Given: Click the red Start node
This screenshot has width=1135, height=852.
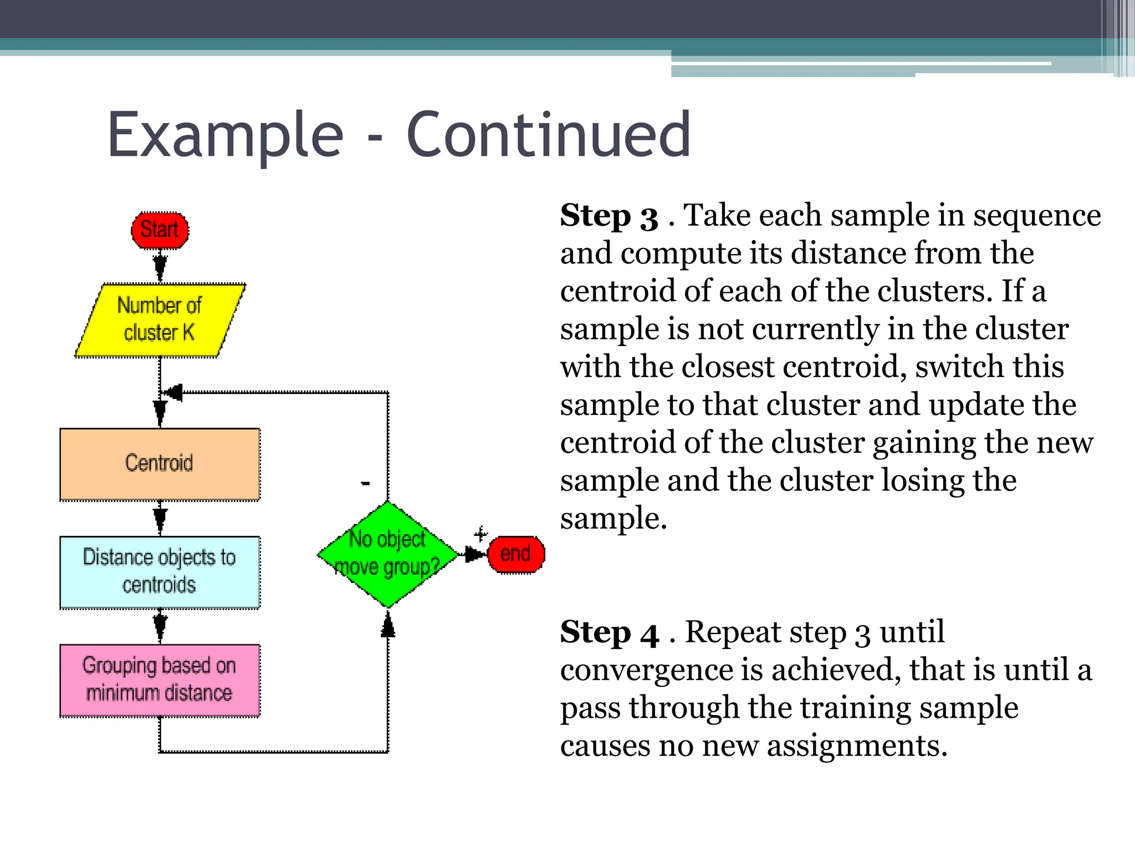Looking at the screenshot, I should [x=160, y=230].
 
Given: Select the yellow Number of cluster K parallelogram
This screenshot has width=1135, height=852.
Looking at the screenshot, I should [x=160, y=320].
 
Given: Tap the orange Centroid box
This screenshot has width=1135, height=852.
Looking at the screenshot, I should [x=160, y=464].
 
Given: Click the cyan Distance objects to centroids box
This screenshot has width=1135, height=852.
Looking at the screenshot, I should [x=160, y=572].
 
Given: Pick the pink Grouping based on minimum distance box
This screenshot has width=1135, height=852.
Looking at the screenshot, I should [x=160, y=680].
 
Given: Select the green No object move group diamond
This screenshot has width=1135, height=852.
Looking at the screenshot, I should [x=387, y=554].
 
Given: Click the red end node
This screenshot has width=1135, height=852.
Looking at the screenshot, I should [x=516, y=554].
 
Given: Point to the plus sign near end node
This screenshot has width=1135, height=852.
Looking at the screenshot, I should [x=480, y=534].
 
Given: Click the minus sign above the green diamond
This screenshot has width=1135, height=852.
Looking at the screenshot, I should [x=365, y=484].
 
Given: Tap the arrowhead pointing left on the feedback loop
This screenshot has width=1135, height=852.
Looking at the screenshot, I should [x=173, y=393].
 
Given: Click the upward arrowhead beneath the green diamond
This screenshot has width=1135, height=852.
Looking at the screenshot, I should [x=388, y=628].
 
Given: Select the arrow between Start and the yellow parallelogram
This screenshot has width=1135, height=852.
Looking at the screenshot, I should [x=160, y=266].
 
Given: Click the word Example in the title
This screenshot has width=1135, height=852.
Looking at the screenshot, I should [x=226, y=135].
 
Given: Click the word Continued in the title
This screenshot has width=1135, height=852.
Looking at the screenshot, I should [x=548, y=135].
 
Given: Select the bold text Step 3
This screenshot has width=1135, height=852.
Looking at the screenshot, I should [x=609, y=216].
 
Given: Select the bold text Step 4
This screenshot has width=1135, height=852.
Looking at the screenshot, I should [x=609, y=633].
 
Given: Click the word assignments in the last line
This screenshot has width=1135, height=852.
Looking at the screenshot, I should [x=856, y=746].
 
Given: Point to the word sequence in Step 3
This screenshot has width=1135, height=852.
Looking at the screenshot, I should [x=1037, y=216].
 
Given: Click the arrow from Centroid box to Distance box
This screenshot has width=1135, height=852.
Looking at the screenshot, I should [x=160, y=519].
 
